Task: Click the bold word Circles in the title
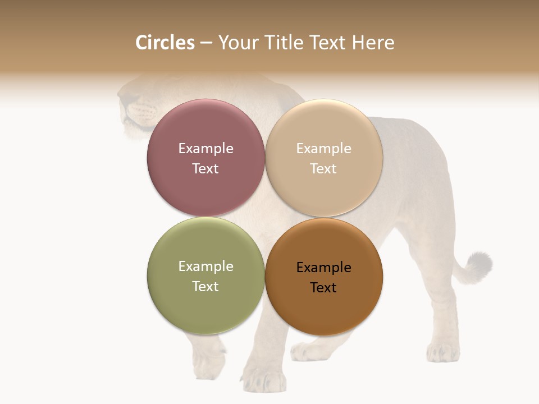click(x=165, y=43)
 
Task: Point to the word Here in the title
click(x=373, y=43)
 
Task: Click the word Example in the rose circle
click(x=205, y=148)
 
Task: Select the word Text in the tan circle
click(x=323, y=168)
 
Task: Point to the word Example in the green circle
click(x=205, y=266)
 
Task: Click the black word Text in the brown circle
click(x=323, y=287)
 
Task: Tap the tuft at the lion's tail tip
click(x=479, y=264)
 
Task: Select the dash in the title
click(x=206, y=43)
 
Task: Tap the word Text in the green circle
click(x=205, y=286)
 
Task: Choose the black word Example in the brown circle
click(x=323, y=267)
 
